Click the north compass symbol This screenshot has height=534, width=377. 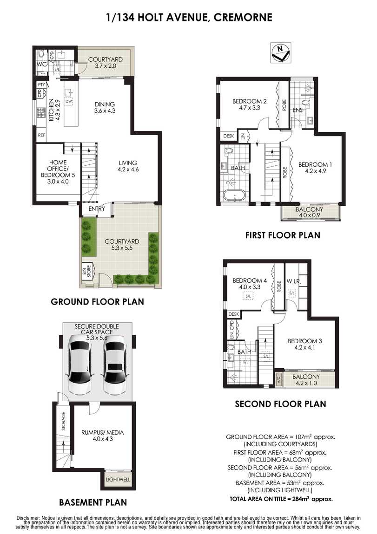(281, 53)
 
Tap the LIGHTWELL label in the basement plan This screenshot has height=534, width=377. (118, 480)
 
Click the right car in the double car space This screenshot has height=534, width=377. (114, 364)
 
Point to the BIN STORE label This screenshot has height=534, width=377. (87, 272)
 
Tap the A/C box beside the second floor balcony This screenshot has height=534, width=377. (279, 379)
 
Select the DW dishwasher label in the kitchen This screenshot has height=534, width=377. (69, 101)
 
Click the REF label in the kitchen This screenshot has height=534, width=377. (41, 135)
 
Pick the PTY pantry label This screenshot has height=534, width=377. (41, 85)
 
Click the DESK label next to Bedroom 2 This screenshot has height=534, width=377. (229, 136)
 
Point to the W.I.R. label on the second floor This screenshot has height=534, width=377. (293, 282)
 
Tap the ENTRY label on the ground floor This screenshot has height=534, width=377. (97, 209)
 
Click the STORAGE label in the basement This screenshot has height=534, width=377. (63, 421)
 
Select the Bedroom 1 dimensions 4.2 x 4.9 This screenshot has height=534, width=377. (315, 171)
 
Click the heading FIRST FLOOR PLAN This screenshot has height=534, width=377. (283, 235)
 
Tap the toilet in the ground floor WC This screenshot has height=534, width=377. (41, 54)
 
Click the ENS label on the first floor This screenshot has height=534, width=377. (298, 110)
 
